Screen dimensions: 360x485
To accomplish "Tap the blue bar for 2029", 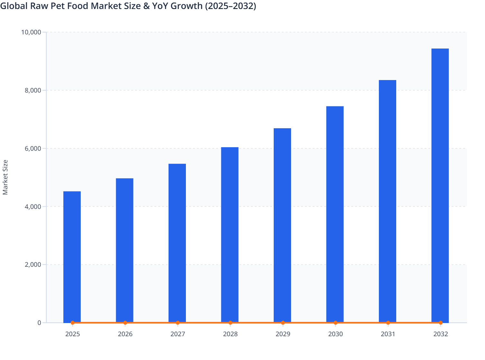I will point(282,225).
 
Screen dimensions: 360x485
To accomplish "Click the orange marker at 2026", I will point(125,323).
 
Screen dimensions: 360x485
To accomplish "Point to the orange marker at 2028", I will point(230,323).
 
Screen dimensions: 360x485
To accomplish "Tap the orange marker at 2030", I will point(335,323).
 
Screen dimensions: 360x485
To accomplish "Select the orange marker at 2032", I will point(441,323).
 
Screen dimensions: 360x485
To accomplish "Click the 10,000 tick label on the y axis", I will point(31,32).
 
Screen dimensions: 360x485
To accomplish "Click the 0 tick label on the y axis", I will point(39,323).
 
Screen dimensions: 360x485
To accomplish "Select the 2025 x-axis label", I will point(72,334).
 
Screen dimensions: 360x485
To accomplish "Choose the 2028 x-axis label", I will point(230,334).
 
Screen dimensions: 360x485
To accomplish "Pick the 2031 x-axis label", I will point(388,334).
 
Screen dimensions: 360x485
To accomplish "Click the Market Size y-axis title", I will point(5,177).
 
